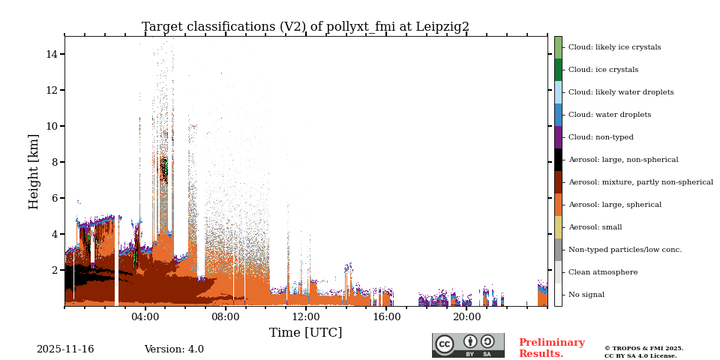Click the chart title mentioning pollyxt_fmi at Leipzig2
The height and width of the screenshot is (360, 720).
[305, 27]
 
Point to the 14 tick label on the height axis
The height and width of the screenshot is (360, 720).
[52, 54]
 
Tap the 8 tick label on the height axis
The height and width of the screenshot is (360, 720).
[55, 162]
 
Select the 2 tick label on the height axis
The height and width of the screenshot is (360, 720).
[55, 270]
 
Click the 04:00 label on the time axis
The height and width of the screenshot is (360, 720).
[145, 317]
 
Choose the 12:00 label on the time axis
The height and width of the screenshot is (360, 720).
[306, 317]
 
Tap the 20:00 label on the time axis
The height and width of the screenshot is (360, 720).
[467, 317]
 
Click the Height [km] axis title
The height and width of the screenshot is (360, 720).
[34, 171]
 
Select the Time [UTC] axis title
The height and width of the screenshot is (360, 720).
[305, 333]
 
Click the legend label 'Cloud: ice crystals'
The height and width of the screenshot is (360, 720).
[603, 70]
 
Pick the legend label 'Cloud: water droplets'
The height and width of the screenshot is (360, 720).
[609, 115]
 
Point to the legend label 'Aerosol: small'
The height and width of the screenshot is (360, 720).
[595, 227]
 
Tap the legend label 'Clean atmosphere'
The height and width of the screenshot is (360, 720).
[602, 272]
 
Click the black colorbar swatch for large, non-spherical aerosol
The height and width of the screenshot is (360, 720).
[558, 160]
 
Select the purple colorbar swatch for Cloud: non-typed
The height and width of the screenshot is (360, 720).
[558, 137]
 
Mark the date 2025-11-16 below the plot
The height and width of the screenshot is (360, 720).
[65, 349]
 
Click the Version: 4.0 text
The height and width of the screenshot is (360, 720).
[174, 349]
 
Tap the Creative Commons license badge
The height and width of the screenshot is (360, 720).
[468, 345]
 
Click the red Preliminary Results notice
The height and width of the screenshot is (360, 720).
[551, 348]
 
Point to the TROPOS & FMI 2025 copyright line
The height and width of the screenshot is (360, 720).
[643, 349]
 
